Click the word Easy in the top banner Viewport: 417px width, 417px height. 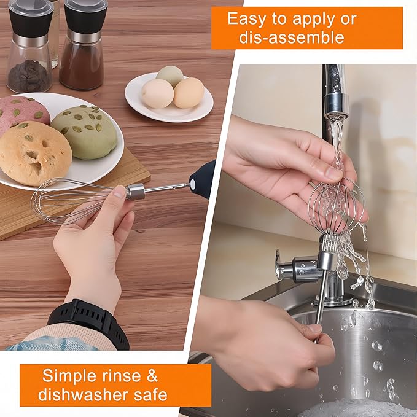[x=249, y=18]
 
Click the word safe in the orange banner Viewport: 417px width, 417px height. [x=149, y=394]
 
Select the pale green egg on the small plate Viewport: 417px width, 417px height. [x=170, y=76]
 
